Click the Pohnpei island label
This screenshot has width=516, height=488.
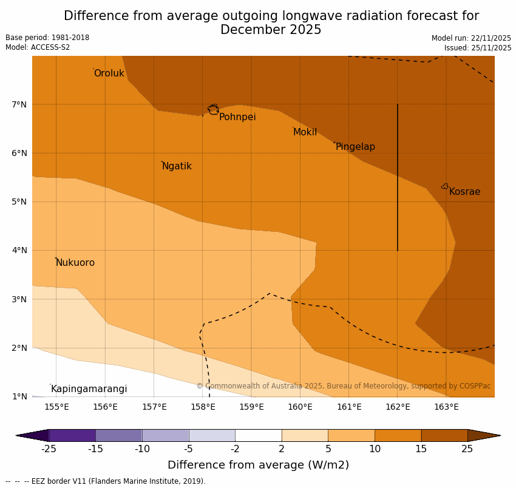(237, 117)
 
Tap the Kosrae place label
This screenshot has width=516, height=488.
(464, 192)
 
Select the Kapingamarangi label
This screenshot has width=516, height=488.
(89, 389)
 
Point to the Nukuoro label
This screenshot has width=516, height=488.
(75, 263)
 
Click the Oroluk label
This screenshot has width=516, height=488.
(109, 73)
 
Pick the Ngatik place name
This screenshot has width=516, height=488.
(177, 166)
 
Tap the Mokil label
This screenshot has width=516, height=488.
(305, 132)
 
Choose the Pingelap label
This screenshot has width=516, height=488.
(355, 147)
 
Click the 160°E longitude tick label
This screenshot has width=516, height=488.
(300, 407)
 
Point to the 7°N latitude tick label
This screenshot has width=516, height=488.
(19, 104)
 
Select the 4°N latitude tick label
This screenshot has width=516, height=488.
(19, 250)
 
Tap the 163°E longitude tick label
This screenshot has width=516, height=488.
(446, 407)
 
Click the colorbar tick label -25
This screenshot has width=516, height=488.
(49, 449)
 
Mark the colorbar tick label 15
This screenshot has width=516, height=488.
(421, 449)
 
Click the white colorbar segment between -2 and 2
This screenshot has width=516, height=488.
(258, 435)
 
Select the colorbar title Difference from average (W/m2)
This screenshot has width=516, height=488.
(258, 465)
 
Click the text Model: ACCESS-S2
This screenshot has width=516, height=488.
(38, 47)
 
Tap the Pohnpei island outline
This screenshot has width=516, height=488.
(213, 109)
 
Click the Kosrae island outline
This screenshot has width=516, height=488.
(445, 186)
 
